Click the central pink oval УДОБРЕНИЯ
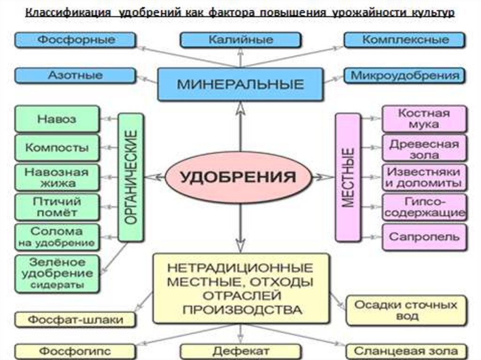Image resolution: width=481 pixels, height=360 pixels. click(x=239, y=177)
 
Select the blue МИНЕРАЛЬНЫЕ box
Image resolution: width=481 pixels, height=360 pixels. click(x=240, y=84)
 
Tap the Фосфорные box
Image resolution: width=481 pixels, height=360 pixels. click(x=76, y=40)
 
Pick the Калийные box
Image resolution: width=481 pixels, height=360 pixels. click(x=240, y=40)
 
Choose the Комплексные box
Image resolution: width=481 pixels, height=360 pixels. click(x=404, y=40)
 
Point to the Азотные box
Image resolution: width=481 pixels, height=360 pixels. click(x=76, y=75)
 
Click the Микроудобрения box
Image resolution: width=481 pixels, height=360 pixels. click(x=404, y=75)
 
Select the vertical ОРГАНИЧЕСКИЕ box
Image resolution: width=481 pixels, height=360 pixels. click(x=131, y=177)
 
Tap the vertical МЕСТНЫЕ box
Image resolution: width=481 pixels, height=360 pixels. click(x=348, y=177)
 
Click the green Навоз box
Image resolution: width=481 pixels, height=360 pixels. click(x=57, y=118)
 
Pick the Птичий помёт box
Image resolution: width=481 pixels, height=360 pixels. click(x=57, y=207)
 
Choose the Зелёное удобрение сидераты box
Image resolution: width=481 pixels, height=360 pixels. click(x=57, y=273)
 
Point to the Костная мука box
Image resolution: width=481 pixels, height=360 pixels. click(x=424, y=119)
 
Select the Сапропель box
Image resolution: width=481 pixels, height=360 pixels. click(x=424, y=237)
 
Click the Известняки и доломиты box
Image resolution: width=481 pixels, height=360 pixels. click(x=424, y=177)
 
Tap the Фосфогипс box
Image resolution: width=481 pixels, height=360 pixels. click(x=75, y=351)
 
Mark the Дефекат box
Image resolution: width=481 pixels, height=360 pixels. click(x=240, y=351)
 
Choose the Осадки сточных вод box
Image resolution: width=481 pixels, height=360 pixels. click(x=405, y=310)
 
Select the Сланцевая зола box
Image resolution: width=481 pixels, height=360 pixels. click(x=405, y=351)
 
